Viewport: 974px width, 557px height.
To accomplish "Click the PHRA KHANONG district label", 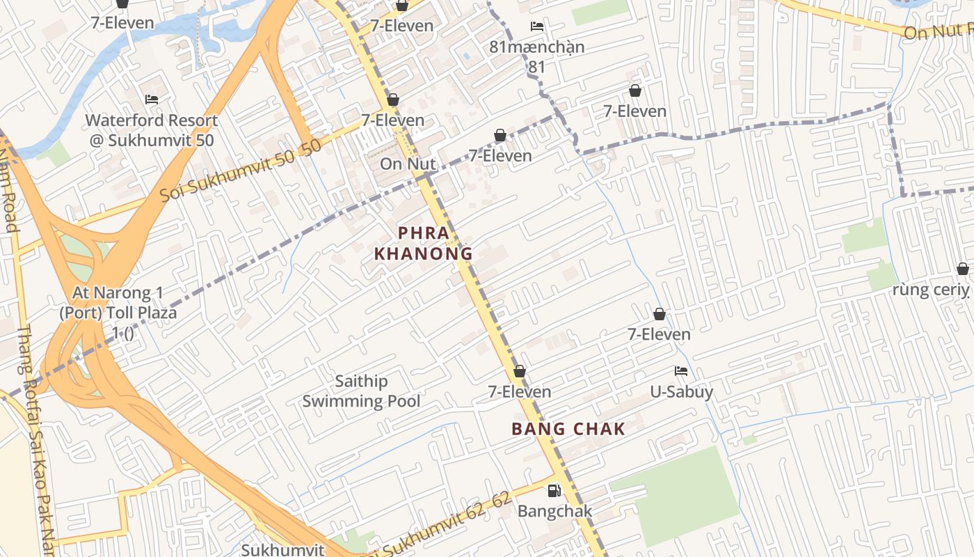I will pos(423,243).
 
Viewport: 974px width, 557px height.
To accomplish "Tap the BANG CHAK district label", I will pos(568,429).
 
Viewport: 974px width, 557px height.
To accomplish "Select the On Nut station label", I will pos(408,164).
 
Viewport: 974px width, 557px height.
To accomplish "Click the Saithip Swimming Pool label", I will pos(361,391).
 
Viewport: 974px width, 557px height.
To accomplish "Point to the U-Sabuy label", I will pos(681,392).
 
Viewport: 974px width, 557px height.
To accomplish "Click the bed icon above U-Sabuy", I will pos(681,372).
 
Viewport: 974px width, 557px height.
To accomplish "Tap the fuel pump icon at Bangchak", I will pos(554,491).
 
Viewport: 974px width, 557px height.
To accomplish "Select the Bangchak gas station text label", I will pos(554,511).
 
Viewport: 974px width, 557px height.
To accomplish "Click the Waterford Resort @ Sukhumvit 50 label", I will pos(152,130).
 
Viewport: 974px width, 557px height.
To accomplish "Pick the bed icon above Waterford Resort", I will pos(152,100).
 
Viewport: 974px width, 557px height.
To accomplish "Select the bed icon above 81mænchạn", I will pos(536,26).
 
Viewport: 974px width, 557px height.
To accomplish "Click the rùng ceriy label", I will pos(930,290).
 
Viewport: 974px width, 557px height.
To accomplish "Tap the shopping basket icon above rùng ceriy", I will pos(962,269).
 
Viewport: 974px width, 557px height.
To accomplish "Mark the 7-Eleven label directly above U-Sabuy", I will pos(659,335).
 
